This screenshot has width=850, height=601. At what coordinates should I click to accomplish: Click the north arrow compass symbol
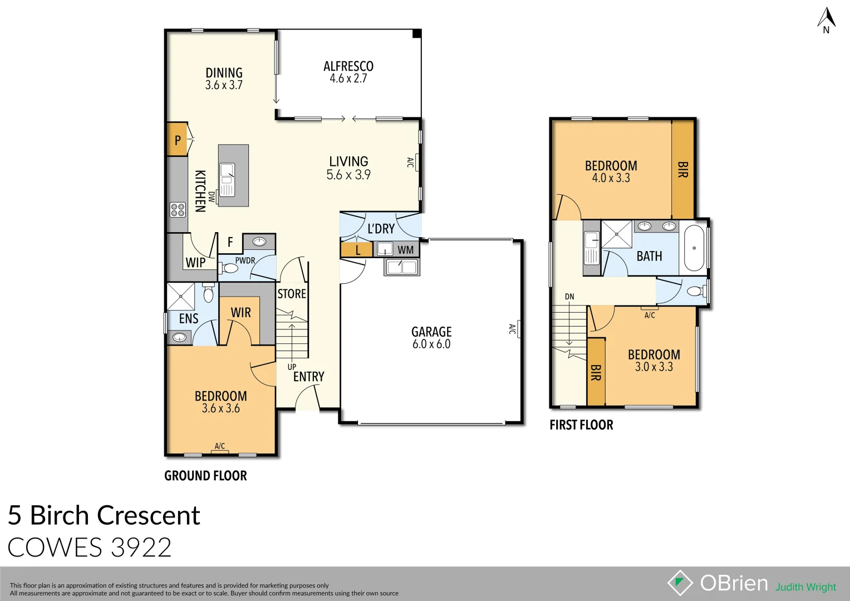(x=826, y=20)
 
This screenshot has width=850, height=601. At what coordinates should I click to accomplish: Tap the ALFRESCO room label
(x=348, y=66)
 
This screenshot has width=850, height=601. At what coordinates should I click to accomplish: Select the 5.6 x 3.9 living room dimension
(x=348, y=175)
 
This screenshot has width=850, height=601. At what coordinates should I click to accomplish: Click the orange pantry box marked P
(x=178, y=140)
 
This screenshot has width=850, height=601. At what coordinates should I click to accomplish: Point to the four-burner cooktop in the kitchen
(x=178, y=210)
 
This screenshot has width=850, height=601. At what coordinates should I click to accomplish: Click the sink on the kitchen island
(x=227, y=179)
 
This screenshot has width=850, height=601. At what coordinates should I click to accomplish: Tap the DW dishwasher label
(x=212, y=196)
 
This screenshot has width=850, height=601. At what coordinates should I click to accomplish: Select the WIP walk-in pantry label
(x=195, y=262)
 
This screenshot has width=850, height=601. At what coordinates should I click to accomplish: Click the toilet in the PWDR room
(x=229, y=269)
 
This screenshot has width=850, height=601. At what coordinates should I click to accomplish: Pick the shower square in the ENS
(x=181, y=296)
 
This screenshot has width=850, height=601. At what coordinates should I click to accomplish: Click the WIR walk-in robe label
(x=241, y=313)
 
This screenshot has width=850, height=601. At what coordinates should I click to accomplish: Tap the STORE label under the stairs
(x=292, y=294)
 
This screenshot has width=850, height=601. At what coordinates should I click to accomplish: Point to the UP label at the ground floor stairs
(x=292, y=367)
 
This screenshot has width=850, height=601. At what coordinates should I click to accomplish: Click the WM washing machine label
(x=405, y=250)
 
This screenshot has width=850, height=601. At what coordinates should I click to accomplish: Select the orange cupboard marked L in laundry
(x=357, y=250)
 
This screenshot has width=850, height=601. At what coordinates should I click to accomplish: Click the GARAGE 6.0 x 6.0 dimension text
(x=431, y=344)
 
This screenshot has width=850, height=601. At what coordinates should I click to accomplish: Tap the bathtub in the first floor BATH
(x=694, y=248)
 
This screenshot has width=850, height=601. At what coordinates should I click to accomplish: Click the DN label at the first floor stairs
(x=569, y=297)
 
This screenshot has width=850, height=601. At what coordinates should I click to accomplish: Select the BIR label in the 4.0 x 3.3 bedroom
(x=683, y=170)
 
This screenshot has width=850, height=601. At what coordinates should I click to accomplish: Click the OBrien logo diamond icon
(x=680, y=583)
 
